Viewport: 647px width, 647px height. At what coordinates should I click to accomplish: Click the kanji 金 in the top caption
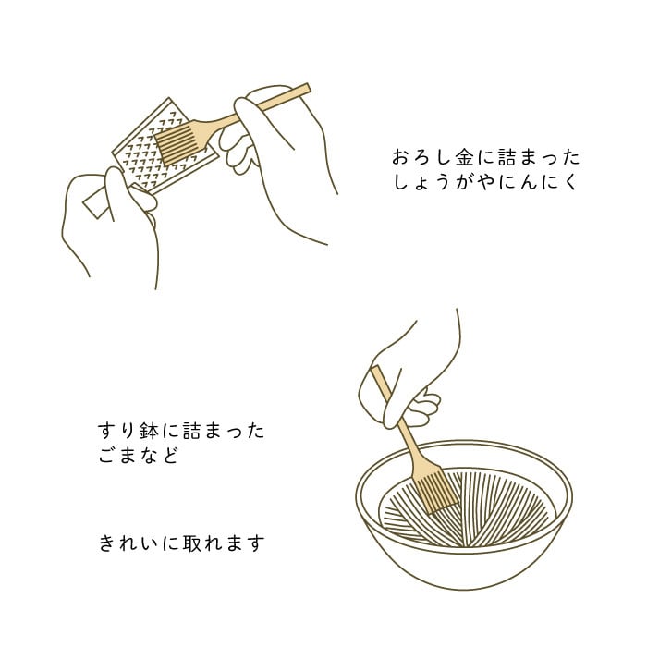(x=464, y=158)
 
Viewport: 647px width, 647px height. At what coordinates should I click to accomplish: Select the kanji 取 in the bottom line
(x=192, y=543)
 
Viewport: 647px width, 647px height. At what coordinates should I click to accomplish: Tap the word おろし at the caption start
(x=421, y=158)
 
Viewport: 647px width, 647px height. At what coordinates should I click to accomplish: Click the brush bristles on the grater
(x=177, y=145)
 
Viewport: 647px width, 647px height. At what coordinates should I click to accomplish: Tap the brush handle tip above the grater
(x=307, y=89)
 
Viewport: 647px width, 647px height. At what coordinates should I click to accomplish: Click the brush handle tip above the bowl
(x=374, y=371)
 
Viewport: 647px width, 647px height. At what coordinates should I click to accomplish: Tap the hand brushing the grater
(x=276, y=157)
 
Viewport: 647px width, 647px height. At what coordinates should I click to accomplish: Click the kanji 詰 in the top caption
(x=507, y=158)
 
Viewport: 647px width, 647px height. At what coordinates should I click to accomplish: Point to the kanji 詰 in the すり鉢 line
(x=192, y=431)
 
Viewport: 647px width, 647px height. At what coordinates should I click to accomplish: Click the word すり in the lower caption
(x=117, y=431)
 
